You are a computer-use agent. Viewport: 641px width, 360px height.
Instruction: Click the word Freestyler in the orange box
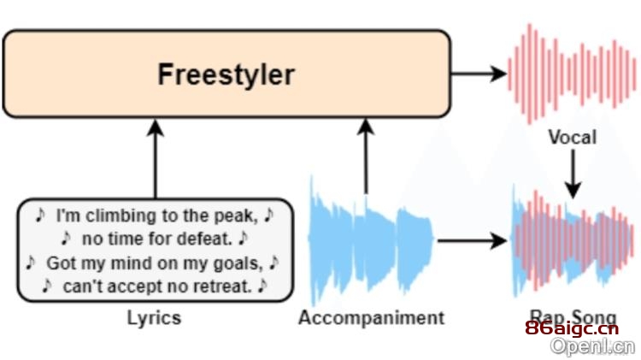[x=226, y=75]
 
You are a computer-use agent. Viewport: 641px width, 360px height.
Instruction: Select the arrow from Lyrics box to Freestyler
[x=156, y=159]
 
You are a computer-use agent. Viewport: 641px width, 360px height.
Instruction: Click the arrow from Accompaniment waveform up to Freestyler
[x=366, y=156]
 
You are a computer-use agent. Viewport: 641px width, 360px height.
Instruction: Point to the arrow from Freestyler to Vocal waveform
[x=479, y=74]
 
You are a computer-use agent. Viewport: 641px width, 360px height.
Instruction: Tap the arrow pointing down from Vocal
[x=573, y=174]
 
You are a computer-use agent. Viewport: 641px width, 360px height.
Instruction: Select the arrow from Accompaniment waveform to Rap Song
[x=472, y=240]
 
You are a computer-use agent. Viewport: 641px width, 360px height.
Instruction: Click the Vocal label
[x=573, y=137]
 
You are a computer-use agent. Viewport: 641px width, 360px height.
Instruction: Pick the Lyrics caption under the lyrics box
[x=154, y=318]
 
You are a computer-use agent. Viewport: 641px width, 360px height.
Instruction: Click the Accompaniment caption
[x=371, y=318]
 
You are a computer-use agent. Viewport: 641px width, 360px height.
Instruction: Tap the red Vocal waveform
[x=572, y=74]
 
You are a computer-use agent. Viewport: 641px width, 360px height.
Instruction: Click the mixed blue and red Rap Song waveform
[x=573, y=241]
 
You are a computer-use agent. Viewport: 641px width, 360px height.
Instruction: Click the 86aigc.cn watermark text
[x=572, y=328]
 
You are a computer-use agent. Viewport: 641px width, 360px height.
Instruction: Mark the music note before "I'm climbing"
[x=40, y=215]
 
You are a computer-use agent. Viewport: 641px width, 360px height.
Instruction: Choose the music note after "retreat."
[x=262, y=286]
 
